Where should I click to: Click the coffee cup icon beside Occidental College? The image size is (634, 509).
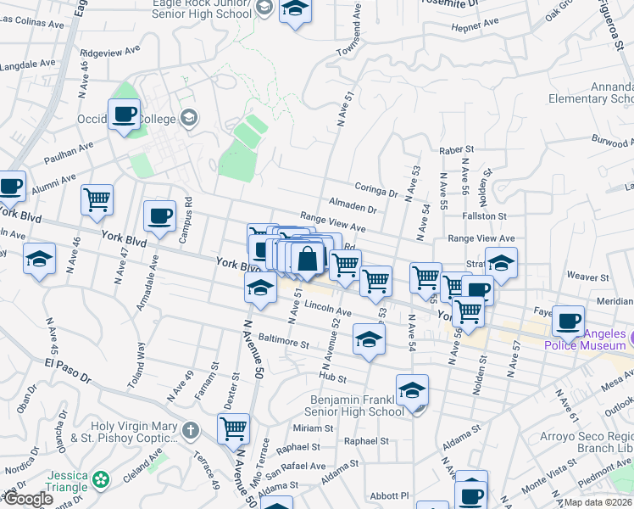[x=124, y=113]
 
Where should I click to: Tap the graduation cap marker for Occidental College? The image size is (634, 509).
[x=189, y=118]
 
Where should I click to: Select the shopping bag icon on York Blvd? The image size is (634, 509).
[x=308, y=258]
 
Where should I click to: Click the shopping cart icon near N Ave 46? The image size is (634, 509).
[x=97, y=199]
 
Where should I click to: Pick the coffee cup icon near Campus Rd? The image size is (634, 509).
[x=159, y=216]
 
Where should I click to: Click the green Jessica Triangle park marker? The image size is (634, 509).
[x=102, y=480]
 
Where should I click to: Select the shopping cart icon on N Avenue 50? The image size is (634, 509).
[x=233, y=428]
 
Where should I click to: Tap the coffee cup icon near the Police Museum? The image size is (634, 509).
[x=568, y=321]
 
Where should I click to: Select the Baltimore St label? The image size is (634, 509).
[x=284, y=342]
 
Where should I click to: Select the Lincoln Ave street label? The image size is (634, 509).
[x=328, y=309]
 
